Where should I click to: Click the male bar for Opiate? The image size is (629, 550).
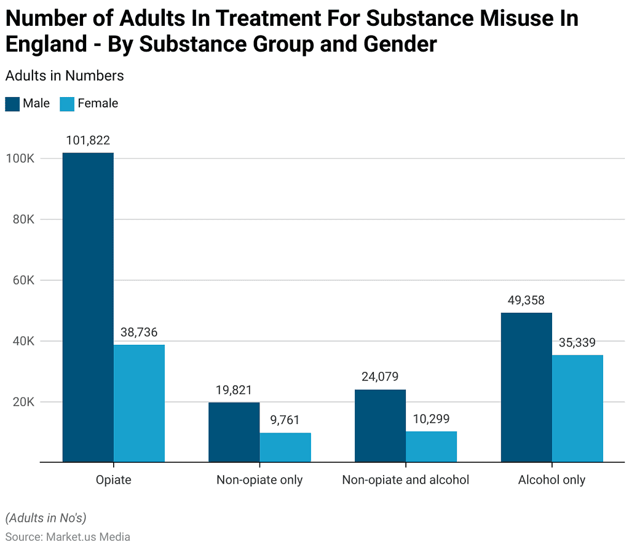(88, 307)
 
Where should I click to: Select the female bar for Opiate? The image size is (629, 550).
(139, 403)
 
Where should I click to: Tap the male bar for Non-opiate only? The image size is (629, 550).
(234, 432)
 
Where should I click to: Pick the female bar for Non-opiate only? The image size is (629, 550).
(285, 447)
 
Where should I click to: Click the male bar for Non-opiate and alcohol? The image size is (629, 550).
(380, 425)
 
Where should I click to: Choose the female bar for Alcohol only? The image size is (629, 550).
(577, 408)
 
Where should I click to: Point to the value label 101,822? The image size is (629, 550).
(88, 141)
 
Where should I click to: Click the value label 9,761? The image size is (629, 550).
(285, 421)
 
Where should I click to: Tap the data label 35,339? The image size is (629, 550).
(577, 343)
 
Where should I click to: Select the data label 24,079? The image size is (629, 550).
(380, 377)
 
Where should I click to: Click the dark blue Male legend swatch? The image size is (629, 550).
(12, 104)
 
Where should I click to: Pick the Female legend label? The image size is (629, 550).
(98, 104)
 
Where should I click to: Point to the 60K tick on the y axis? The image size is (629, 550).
(23, 280)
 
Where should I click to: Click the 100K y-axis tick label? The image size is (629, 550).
(21, 159)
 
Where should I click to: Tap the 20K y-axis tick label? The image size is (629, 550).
(23, 402)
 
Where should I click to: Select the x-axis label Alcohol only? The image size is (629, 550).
(552, 480)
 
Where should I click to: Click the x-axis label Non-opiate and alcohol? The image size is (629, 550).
(406, 480)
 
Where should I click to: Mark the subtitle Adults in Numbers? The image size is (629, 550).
(65, 76)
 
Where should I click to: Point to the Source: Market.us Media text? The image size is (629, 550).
(68, 536)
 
